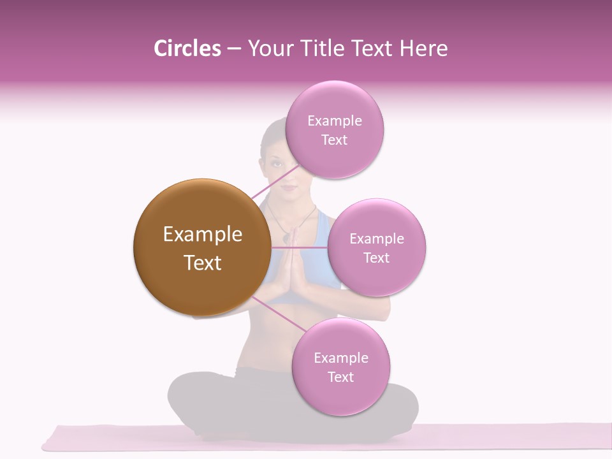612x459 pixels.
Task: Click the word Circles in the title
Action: [187, 48]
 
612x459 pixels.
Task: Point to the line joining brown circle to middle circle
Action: [300, 247]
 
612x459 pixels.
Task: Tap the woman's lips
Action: [288, 187]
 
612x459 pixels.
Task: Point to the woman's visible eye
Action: [277, 163]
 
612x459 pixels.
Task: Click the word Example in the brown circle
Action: [202, 235]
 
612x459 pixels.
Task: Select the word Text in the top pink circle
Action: [334, 140]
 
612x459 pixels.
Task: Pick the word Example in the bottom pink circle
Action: [340, 358]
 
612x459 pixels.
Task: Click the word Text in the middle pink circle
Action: [376, 258]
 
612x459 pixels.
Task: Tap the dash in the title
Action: [233, 48]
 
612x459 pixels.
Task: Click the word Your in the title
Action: [268, 48]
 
